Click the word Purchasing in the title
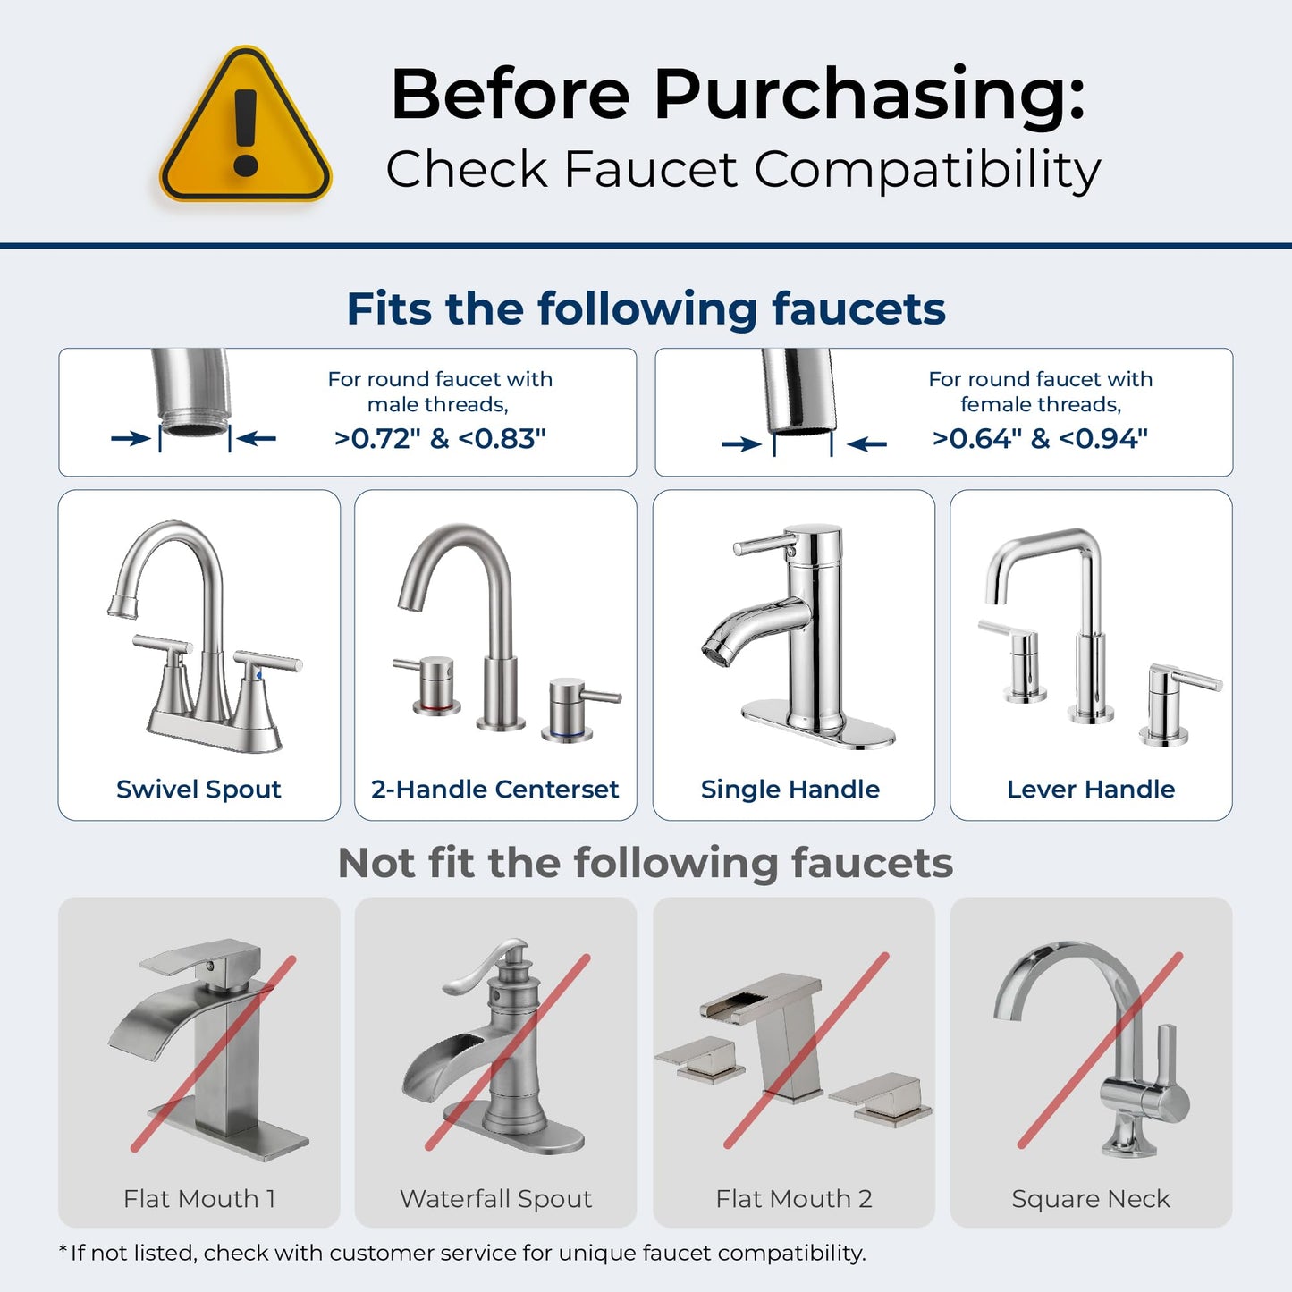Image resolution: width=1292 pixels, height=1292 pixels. pyautogui.click(x=869, y=94)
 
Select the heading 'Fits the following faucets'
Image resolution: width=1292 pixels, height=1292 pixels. pyautogui.click(x=646, y=309)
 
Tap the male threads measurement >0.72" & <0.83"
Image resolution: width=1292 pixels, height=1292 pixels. pyautogui.click(x=440, y=439)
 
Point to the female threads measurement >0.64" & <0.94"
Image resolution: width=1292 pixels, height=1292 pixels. pyautogui.click(x=1040, y=439)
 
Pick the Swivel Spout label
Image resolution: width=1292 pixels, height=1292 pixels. pyautogui.click(x=198, y=790)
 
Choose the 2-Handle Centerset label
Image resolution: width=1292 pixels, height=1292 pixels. pyautogui.click(x=495, y=790)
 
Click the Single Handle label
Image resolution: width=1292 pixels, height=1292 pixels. pyautogui.click(x=790, y=790)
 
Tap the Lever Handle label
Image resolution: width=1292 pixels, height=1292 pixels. pyautogui.click(x=1091, y=790)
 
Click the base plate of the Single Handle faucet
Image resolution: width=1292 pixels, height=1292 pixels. pyautogui.click(x=818, y=722)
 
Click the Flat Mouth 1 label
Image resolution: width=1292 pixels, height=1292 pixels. pyautogui.click(x=199, y=1199)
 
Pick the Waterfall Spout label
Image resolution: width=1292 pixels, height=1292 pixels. pyautogui.click(x=496, y=1199)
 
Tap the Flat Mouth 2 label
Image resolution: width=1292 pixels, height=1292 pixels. pyautogui.click(x=794, y=1199)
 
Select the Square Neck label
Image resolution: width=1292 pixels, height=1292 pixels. pyautogui.click(x=1091, y=1199)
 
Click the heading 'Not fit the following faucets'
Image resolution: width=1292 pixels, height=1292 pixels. pyautogui.click(x=646, y=864)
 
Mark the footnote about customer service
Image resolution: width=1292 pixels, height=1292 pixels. pyautogui.click(x=462, y=1254)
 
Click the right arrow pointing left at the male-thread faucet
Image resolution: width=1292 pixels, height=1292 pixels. pyautogui.click(x=258, y=438)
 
